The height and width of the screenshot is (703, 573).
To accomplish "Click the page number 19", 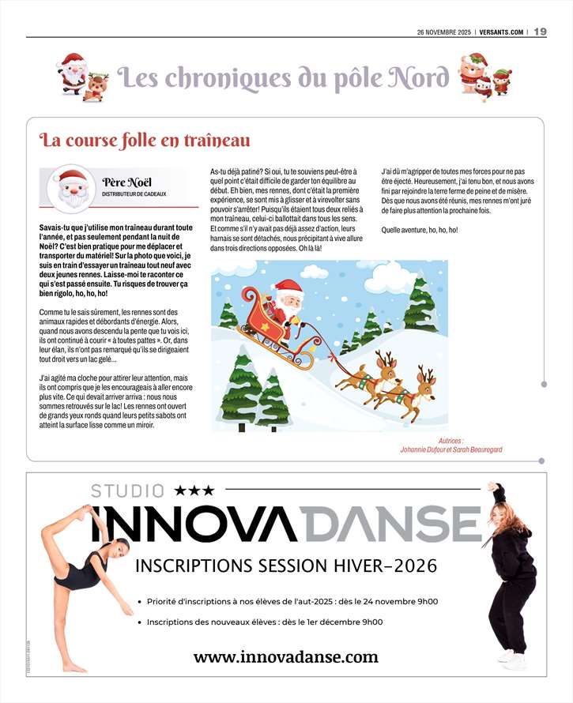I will [x=541, y=32].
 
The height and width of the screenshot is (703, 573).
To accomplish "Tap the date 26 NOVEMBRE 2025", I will [x=443, y=32].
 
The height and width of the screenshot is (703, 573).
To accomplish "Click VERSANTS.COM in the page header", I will [x=500, y=32].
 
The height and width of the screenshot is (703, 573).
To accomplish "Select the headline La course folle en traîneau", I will [x=145, y=141].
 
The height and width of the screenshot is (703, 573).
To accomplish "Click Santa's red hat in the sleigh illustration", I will [x=288, y=287].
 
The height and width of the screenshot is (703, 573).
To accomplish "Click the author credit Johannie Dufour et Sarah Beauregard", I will [x=451, y=449].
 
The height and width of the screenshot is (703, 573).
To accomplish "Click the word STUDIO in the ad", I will [x=128, y=491].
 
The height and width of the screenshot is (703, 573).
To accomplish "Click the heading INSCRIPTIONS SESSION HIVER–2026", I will [x=286, y=566].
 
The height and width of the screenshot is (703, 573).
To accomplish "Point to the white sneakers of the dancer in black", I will [x=511, y=656].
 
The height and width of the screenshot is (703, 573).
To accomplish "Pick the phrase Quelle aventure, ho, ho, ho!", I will [x=419, y=230].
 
